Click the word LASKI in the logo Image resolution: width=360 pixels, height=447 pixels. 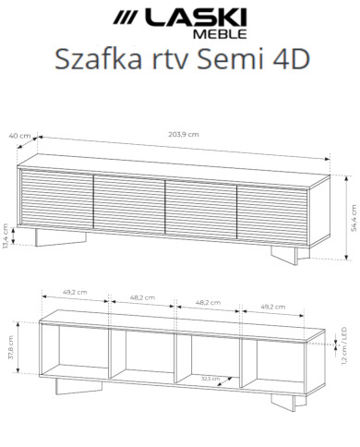click(x=196, y=17)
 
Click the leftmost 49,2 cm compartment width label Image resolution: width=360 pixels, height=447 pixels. click(x=76, y=293)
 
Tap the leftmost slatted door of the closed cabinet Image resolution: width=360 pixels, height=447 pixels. click(x=55, y=199)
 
